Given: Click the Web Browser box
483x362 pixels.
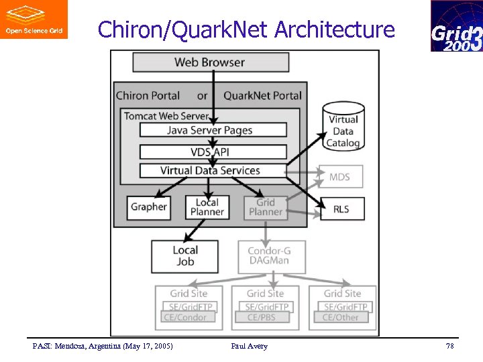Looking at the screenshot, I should [x=211, y=62].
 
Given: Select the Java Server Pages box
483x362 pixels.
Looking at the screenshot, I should [x=213, y=130].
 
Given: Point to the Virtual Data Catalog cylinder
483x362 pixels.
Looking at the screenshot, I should [x=343, y=125].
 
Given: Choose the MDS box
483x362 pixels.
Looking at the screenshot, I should [x=339, y=177].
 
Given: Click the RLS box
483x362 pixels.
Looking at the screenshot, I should [x=341, y=209].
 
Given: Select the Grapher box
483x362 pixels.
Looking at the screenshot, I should [x=149, y=207].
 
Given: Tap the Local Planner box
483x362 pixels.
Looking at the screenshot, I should [x=207, y=207].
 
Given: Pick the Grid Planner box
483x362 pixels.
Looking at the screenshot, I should [x=266, y=207].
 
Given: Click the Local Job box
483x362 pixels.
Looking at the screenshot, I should [x=185, y=256].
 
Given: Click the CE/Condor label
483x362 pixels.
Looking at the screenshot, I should [x=186, y=317].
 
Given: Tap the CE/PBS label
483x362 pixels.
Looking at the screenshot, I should [x=262, y=317].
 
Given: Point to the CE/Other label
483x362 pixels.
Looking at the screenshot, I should [x=340, y=317].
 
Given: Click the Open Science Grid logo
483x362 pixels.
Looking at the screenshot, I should [x=34, y=19].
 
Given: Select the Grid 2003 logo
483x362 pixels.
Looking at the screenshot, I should [x=456, y=26].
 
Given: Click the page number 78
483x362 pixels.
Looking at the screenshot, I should [x=449, y=346].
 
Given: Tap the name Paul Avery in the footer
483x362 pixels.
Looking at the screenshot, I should [x=249, y=346].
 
